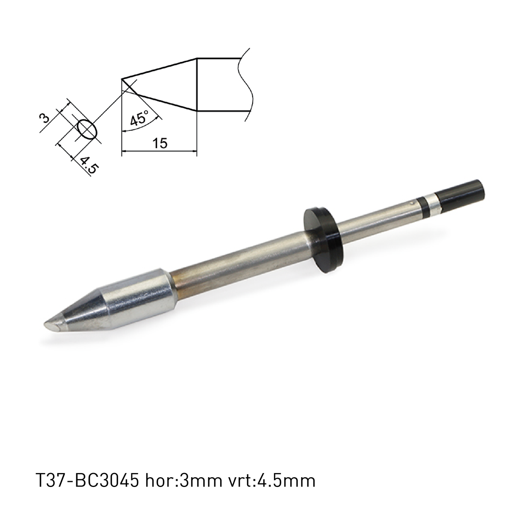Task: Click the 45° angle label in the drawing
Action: coord(139,118)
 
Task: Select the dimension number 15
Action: coord(160,143)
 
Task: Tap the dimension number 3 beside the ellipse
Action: coord(46,117)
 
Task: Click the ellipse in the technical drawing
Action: coord(86,129)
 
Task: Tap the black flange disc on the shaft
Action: coord(322,240)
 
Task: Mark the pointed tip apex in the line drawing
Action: coord(122,80)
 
